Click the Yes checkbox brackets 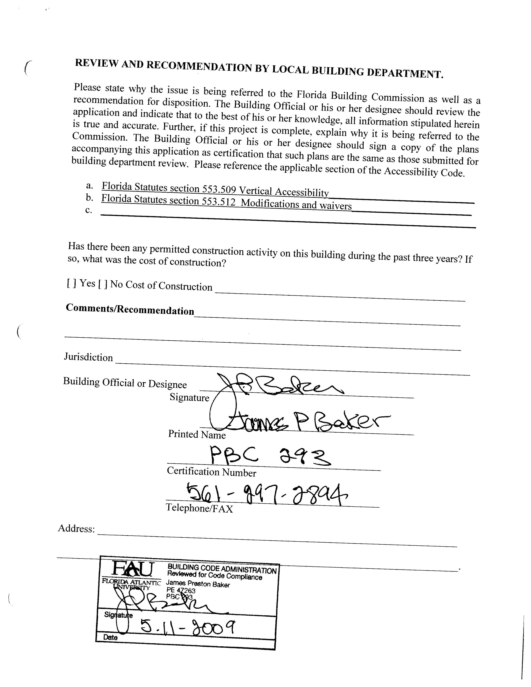pyautogui.click(x=72, y=283)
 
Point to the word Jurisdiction pyautogui.click(x=88, y=357)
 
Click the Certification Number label pyautogui.click(x=211, y=472)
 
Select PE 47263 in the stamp pyautogui.click(x=181, y=590)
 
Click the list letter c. pyautogui.click(x=88, y=210)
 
